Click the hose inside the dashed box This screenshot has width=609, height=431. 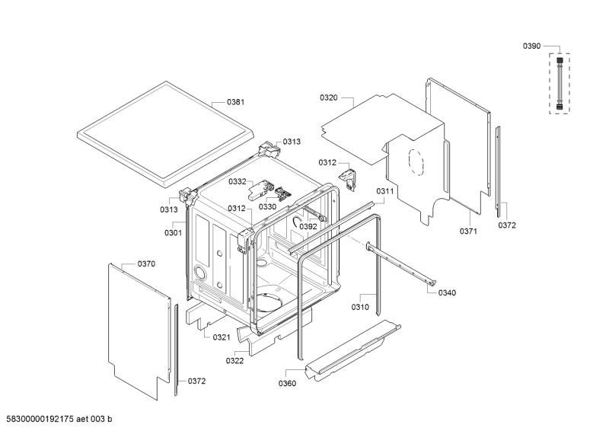(x=560, y=82)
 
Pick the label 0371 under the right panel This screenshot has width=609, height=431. (x=467, y=231)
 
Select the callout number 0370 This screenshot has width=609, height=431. (x=146, y=263)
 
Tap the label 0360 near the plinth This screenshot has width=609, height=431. (x=287, y=383)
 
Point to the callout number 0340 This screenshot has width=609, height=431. (x=448, y=293)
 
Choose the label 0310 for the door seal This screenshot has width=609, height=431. (x=361, y=307)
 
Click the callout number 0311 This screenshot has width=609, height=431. (x=384, y=191)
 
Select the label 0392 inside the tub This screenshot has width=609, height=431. (x=308, y=226)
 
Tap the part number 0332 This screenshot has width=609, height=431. (x=237, y=182)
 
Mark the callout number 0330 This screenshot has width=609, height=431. (x=267, y=206)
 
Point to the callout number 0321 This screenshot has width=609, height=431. (x=222, y=337)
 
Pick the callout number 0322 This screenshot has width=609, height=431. (x=234, y=360)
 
